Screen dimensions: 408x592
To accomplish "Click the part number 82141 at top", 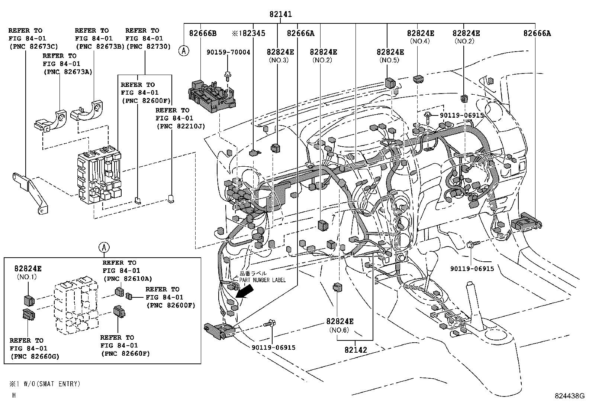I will [x=281, y=14].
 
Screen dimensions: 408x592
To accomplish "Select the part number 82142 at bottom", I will [x=355, y=350].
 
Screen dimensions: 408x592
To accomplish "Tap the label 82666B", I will [x=203, y=33].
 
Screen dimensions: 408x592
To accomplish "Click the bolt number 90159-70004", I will [x=228, y=53].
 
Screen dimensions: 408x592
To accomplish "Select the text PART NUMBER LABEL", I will [x=262, y=280].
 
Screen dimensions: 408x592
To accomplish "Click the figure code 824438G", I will [x=570, y=396].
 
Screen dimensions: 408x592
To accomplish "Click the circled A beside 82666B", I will [x=183, y=50].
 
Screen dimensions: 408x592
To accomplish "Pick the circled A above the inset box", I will [x=104, y=247].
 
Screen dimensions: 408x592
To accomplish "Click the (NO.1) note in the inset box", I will [x=27, y=277].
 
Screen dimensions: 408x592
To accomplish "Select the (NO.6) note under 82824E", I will [x=340, y=330].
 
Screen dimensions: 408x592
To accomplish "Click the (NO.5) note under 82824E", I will [x=389, y=60].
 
